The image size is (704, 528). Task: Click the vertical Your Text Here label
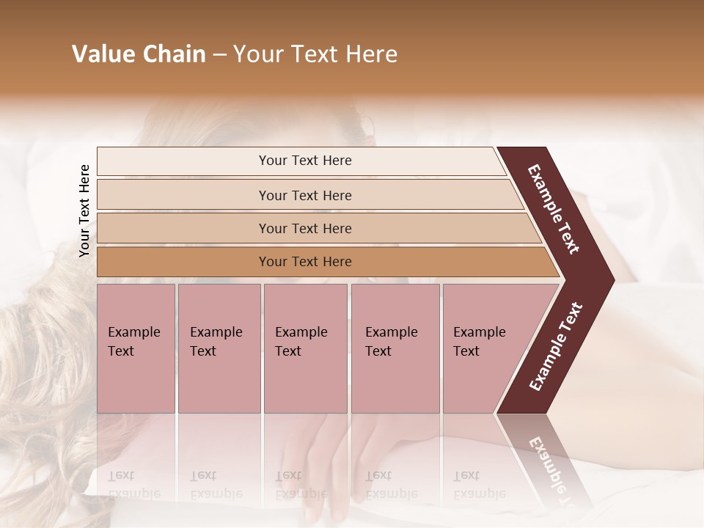[x=84, y=211]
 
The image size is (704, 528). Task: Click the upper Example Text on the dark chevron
[x=554, y=210]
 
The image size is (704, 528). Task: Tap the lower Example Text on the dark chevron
[x=556, y=346]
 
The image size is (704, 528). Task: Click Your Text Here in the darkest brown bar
[x=305, y=262]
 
